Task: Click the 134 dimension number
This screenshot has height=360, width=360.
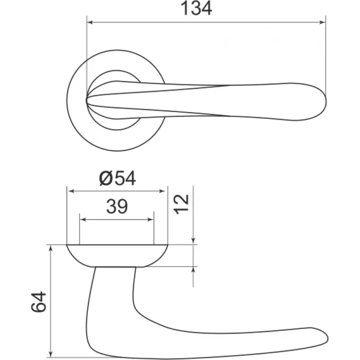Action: click(196, 9)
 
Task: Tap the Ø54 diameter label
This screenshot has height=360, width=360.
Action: click(117, 178)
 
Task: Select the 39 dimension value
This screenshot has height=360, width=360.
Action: click(117, 206)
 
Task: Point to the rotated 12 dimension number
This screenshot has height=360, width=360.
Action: click(182, 204)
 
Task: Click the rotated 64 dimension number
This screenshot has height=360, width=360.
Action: click(39, 301)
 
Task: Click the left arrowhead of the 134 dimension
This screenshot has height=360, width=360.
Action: click(90, 22)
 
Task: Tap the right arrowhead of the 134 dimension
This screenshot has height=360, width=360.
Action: click(323, 22)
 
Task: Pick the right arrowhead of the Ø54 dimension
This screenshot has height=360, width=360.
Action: click(162, 191)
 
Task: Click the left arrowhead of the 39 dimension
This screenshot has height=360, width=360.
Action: click(83, 220)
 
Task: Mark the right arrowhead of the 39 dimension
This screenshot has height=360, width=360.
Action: click(150, 220)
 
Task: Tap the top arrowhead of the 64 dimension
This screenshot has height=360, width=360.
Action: click(51, 248)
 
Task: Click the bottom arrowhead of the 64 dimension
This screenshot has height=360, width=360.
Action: click(51, 354)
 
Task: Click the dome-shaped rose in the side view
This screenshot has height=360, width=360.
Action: click(117, 256)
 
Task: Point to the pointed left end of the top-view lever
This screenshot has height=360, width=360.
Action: click(86, 100)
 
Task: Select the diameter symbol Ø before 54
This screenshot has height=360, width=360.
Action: click(106, 178)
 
